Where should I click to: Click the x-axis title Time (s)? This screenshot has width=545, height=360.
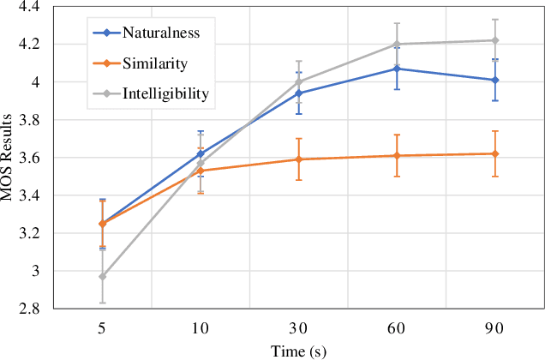tap(297, 351)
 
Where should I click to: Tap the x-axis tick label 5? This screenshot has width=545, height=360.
tap(103, 327)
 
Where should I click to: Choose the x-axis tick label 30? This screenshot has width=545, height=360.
tap(298, 327)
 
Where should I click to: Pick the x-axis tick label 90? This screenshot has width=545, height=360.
tap(494, 327)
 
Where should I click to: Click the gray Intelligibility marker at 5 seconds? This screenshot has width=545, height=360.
tap(103, 277)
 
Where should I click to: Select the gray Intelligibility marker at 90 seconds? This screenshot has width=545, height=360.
tap(494, 40)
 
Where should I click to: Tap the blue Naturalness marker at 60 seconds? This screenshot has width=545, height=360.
tap(396, 69)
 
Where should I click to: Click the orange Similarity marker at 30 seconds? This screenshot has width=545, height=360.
tap(298, 159)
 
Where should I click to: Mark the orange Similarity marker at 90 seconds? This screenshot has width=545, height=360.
tap(494, 153)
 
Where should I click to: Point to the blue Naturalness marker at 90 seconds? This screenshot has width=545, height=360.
tap(494, 80)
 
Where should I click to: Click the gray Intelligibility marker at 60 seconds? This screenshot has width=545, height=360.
tap(396, 45)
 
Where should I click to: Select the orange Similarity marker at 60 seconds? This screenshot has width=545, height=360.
tap(396, 156)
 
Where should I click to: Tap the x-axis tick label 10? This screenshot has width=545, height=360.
tap(201, 327)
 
